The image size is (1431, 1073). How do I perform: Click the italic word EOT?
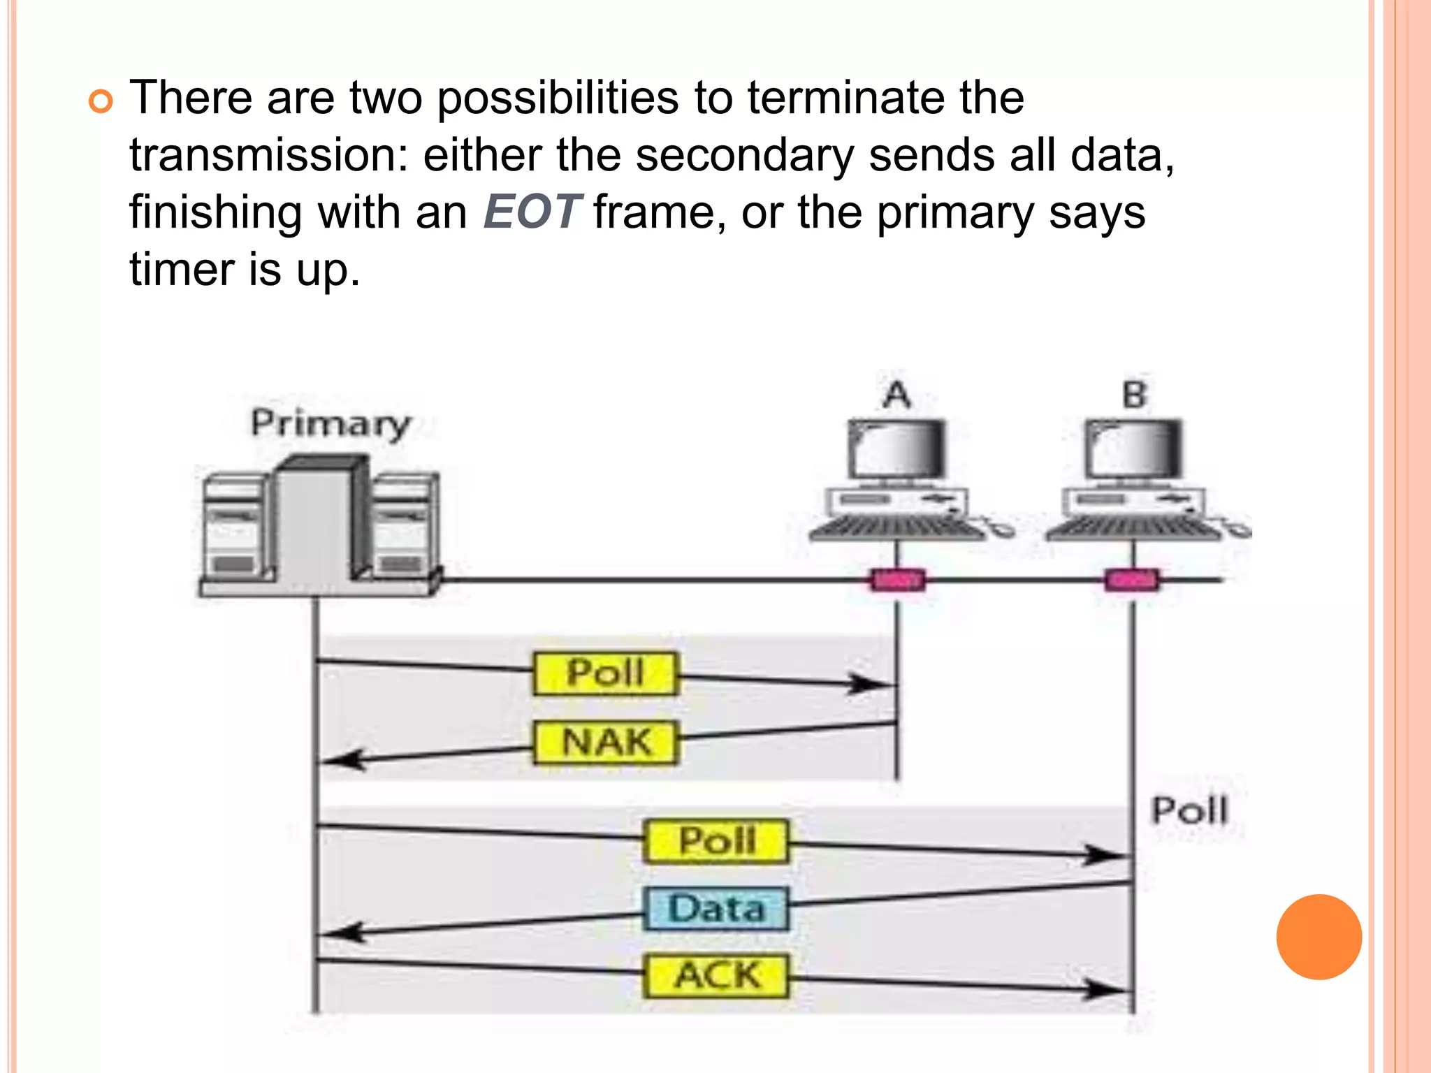click(x=532, y=212)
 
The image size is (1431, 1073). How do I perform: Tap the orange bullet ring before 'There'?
click(x=101, y=102)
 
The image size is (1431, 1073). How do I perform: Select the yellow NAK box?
click(x=605, y=743)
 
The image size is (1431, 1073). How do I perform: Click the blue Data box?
click(x=715, y=909)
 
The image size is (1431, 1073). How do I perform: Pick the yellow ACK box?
click(x=715, y=975)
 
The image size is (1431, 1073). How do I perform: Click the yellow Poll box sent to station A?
click(x=605, y=673)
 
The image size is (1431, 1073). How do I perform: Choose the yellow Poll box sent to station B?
click(x=715, y=841)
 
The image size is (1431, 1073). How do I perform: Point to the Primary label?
click(x=330, y=423)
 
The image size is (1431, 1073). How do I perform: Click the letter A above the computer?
click(x=897, y=395)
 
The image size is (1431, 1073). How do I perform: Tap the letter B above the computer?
click(x=1135, y=395)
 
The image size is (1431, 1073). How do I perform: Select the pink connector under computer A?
click(x=897, y=580)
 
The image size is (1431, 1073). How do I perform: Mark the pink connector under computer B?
click(x=1132, y=580)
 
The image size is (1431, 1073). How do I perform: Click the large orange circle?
click(x=1319, y=937)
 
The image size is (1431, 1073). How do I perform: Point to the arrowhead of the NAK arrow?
click(x=342, y=759)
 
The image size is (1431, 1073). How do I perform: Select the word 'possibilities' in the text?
click(x=558, y=98)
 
